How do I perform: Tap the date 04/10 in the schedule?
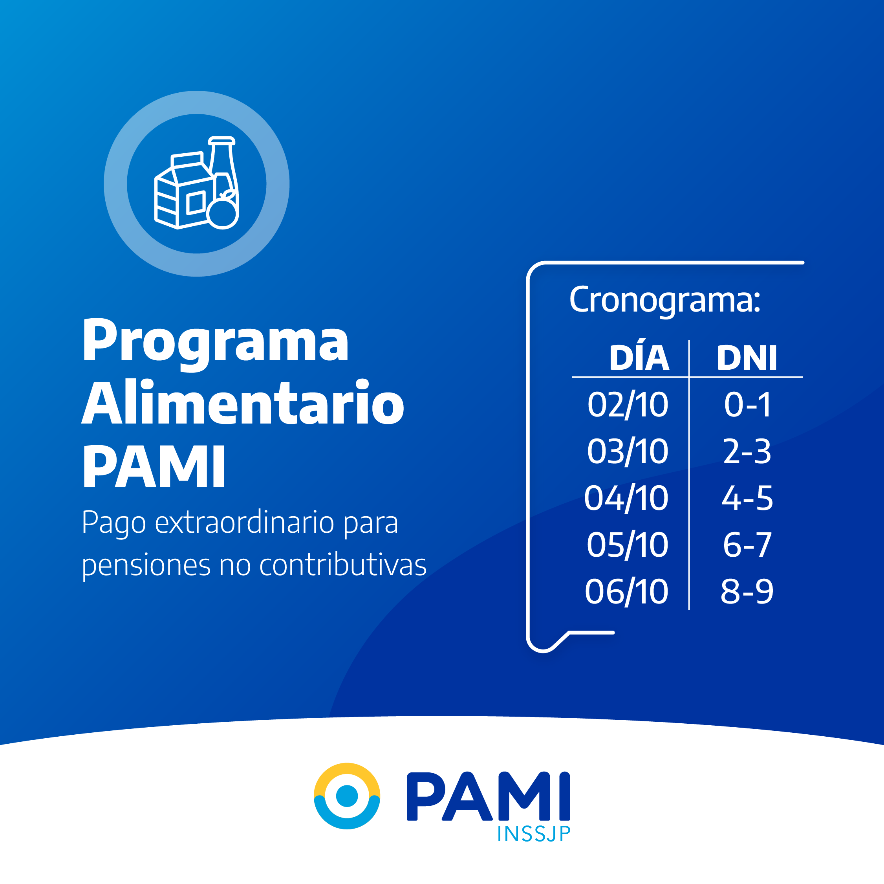click(x=626, y=498)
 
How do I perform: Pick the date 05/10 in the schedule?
click(x=627, y=545)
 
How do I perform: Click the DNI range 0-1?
click(x=747, y=405)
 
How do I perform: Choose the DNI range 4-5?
click(x=747, y=498)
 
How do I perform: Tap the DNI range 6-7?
click(x=747, y=545)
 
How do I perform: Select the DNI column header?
click(x=747, y=358)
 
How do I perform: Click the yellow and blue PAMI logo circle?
click(x=347, y=796)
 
